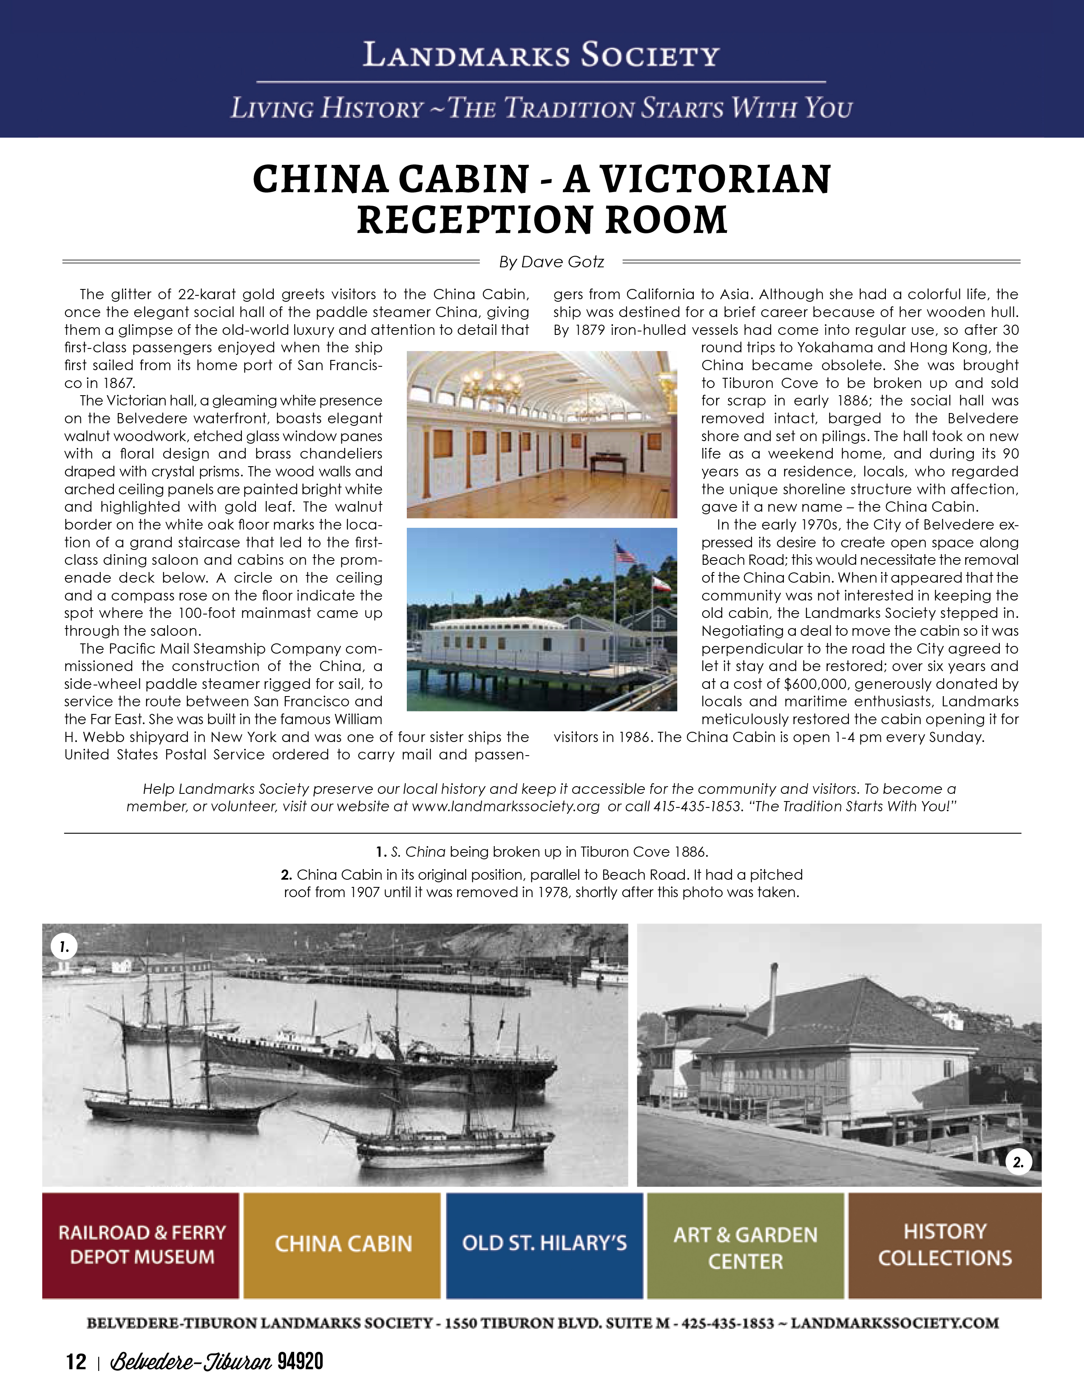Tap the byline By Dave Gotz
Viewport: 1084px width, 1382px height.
point(551,262)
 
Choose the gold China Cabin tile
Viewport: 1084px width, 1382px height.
point(343,1245)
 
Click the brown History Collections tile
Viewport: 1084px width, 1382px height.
point(945,1245)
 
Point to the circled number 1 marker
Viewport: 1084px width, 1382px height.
point(63,947)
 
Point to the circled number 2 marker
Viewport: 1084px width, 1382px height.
point(1018,1162)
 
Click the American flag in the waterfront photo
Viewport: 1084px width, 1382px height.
point(625,555)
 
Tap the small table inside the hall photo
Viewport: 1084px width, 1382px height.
point(608,463)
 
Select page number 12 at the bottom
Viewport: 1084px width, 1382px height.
point(76,1362)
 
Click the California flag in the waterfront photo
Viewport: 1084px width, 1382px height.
point(663,585)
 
